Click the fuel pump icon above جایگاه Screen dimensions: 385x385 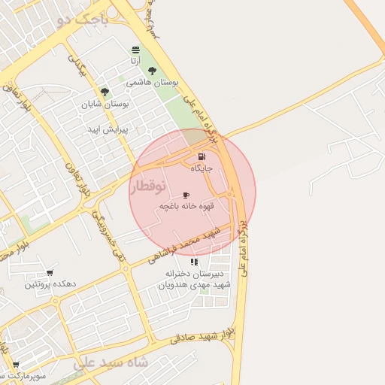[x=201, y=157]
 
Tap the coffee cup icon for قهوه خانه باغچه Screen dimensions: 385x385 [x=186, y=195]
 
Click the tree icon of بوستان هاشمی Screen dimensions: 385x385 [x=152, y=71]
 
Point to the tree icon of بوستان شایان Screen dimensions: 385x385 [x=105, y=92]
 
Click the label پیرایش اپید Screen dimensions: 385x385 [x=108, y=129]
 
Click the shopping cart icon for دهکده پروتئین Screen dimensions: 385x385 [x=50, y=273]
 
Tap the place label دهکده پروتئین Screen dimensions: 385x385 [x=50, y=284]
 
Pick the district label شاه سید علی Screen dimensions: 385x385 [x=111, y=362]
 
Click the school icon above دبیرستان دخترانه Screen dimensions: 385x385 [x=195, y=262]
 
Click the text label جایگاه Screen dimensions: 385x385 [x=202, y=168]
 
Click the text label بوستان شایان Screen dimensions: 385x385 [x=105, y=104]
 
